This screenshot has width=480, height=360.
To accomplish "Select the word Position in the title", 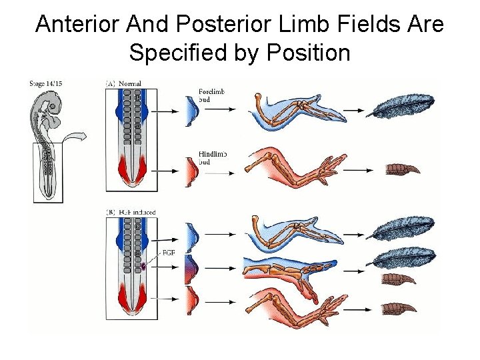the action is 309,52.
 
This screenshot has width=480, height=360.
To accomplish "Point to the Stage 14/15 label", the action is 46,83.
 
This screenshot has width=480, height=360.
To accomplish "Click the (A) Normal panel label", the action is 124,83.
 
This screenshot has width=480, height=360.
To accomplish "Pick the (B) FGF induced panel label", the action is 131,212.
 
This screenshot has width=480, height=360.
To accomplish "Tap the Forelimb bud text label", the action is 212,95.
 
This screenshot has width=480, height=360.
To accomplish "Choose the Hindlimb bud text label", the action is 213,158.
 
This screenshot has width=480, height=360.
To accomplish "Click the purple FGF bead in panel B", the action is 143,267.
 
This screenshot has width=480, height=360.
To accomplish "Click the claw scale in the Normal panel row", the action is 403,169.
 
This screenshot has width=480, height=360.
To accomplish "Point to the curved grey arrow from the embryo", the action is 77,139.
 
